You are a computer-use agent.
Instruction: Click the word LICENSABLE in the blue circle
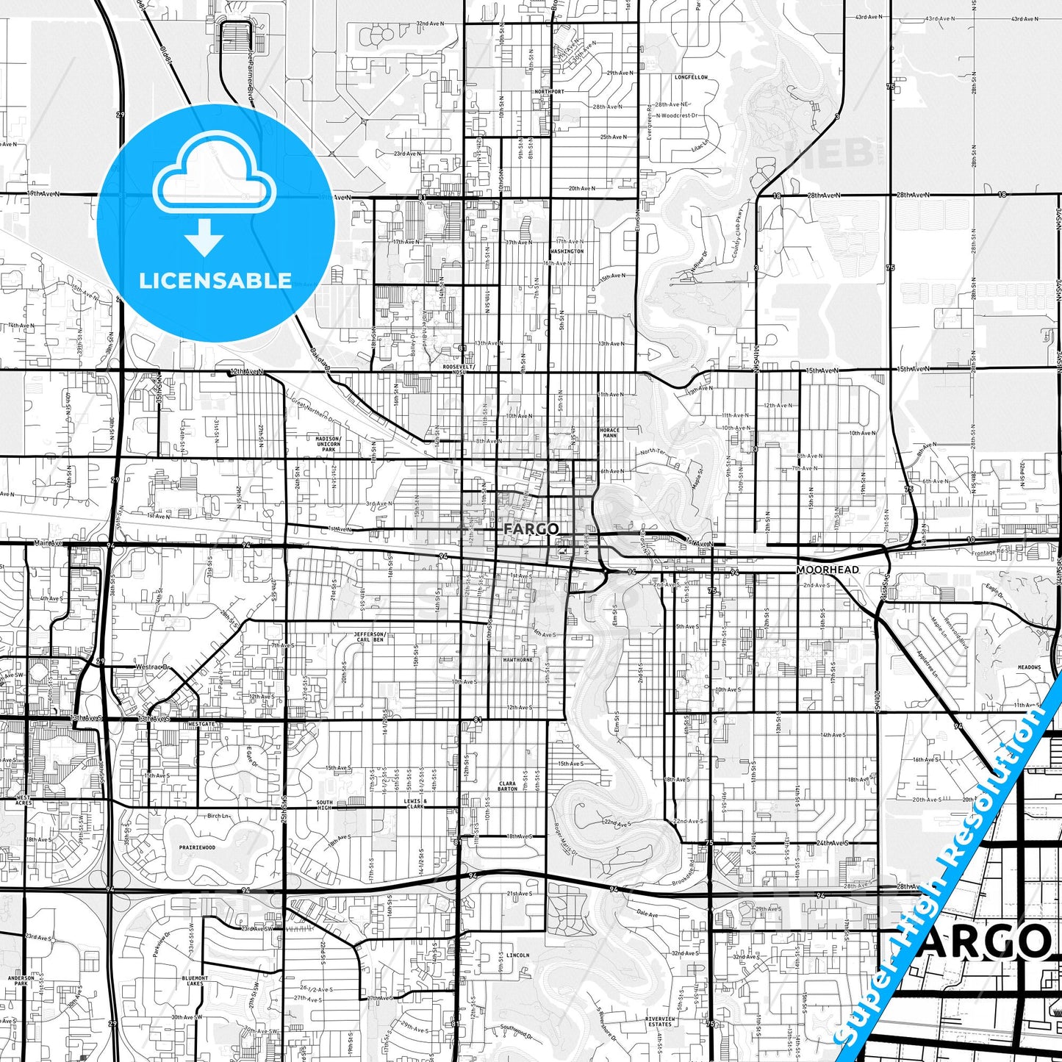pos(215,281)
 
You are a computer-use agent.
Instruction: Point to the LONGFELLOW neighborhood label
pos(691,77)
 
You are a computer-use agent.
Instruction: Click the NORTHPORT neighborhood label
pos(550,92)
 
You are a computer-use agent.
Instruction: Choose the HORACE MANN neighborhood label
pos(609,433)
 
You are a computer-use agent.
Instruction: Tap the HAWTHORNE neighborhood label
pos(517,660)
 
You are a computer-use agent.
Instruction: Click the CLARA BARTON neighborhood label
pos(508,786)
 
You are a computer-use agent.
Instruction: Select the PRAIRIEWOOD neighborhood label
pos(198,847)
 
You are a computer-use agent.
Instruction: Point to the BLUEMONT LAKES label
pos(195,981)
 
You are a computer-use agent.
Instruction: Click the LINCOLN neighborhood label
pos(517,955)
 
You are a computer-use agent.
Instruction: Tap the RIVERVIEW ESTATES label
pos(659,1022)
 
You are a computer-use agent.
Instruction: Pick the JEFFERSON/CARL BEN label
pos(370,636)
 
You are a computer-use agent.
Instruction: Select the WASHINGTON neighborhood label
pos(567,251)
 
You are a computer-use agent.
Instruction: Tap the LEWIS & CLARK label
pos(415,803)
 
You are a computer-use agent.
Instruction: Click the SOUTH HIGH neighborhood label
pos(324,805)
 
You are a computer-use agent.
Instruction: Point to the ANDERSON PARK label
pos(21,981)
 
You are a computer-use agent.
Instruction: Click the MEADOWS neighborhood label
pos(1029,667)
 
